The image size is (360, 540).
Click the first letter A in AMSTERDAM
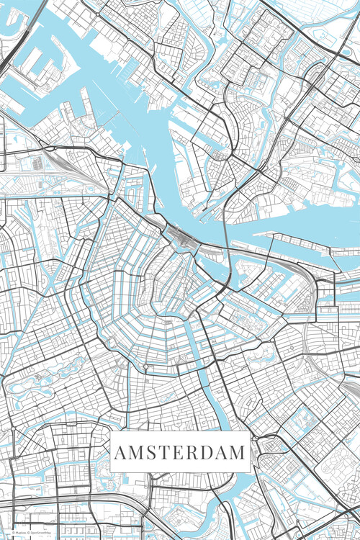pyautogui.click(x=120, y=453)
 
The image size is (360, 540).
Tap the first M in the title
pyautogui.click(x=136, y=453)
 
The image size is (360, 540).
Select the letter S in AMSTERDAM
pyautogui.click(x=151, y=453)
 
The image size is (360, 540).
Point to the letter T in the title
pyautogui.click(x=164, y=453)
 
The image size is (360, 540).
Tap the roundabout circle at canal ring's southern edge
pyautogui.click(x=145, y=367)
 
